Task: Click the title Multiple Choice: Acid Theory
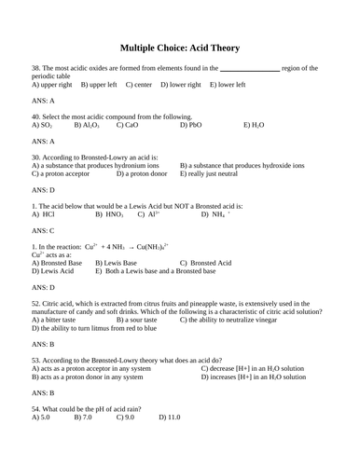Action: (180, 48)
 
